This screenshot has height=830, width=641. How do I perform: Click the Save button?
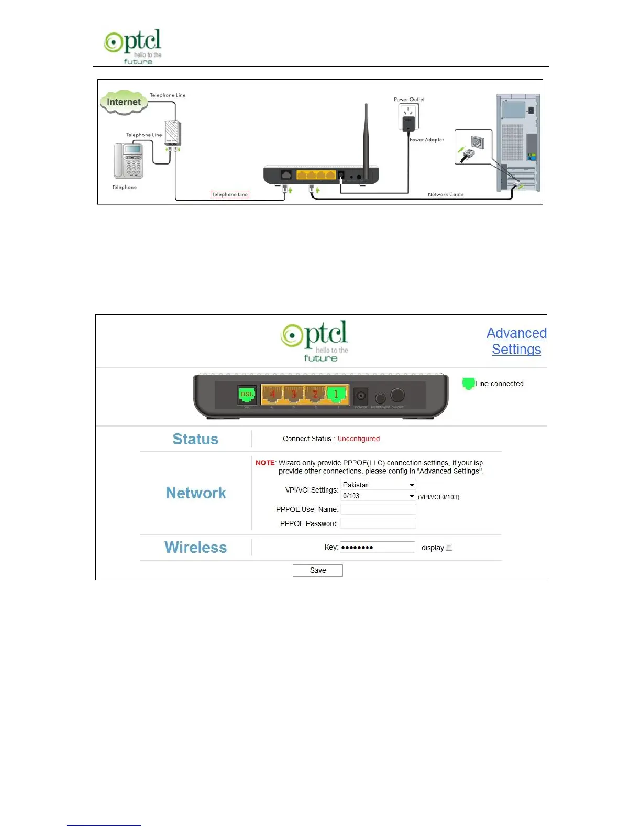[x=317, y=570]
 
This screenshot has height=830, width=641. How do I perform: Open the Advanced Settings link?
[x=516, y=341]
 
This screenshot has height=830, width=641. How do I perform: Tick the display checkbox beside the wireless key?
[x=449, y=548]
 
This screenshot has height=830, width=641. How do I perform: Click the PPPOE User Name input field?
[x=378, y=509]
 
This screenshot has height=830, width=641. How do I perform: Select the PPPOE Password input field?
[x=378, y=523]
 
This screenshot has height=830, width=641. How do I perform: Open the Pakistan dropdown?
[x=378, y=485]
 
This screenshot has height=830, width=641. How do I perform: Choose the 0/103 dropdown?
[x=378, y=496]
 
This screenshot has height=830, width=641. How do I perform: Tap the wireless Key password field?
[x=378, y=547]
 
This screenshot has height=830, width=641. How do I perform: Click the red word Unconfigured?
[x=359, y=439]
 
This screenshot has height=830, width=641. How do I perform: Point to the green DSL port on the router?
[x=246, y=396]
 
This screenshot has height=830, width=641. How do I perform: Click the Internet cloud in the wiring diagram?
[x=124, y=102]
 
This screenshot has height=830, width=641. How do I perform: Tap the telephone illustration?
[x=129, y=160]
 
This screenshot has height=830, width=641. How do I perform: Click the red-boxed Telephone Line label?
[x=230, y=194]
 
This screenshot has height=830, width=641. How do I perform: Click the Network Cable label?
[x=446, y=194]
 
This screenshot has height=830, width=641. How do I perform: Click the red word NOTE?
[x=265, y=463]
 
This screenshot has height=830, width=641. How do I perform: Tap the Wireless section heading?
[x=195, y=547]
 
